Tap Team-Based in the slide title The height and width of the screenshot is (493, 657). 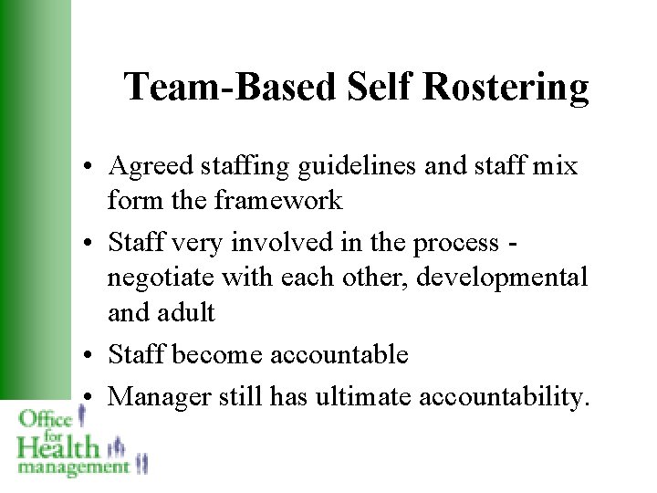point(232,87)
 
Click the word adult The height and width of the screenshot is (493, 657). point(188,312)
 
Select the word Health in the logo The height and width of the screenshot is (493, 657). point(57,446)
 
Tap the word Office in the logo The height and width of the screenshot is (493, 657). point(46,418)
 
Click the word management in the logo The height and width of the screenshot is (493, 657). point(73,467)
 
